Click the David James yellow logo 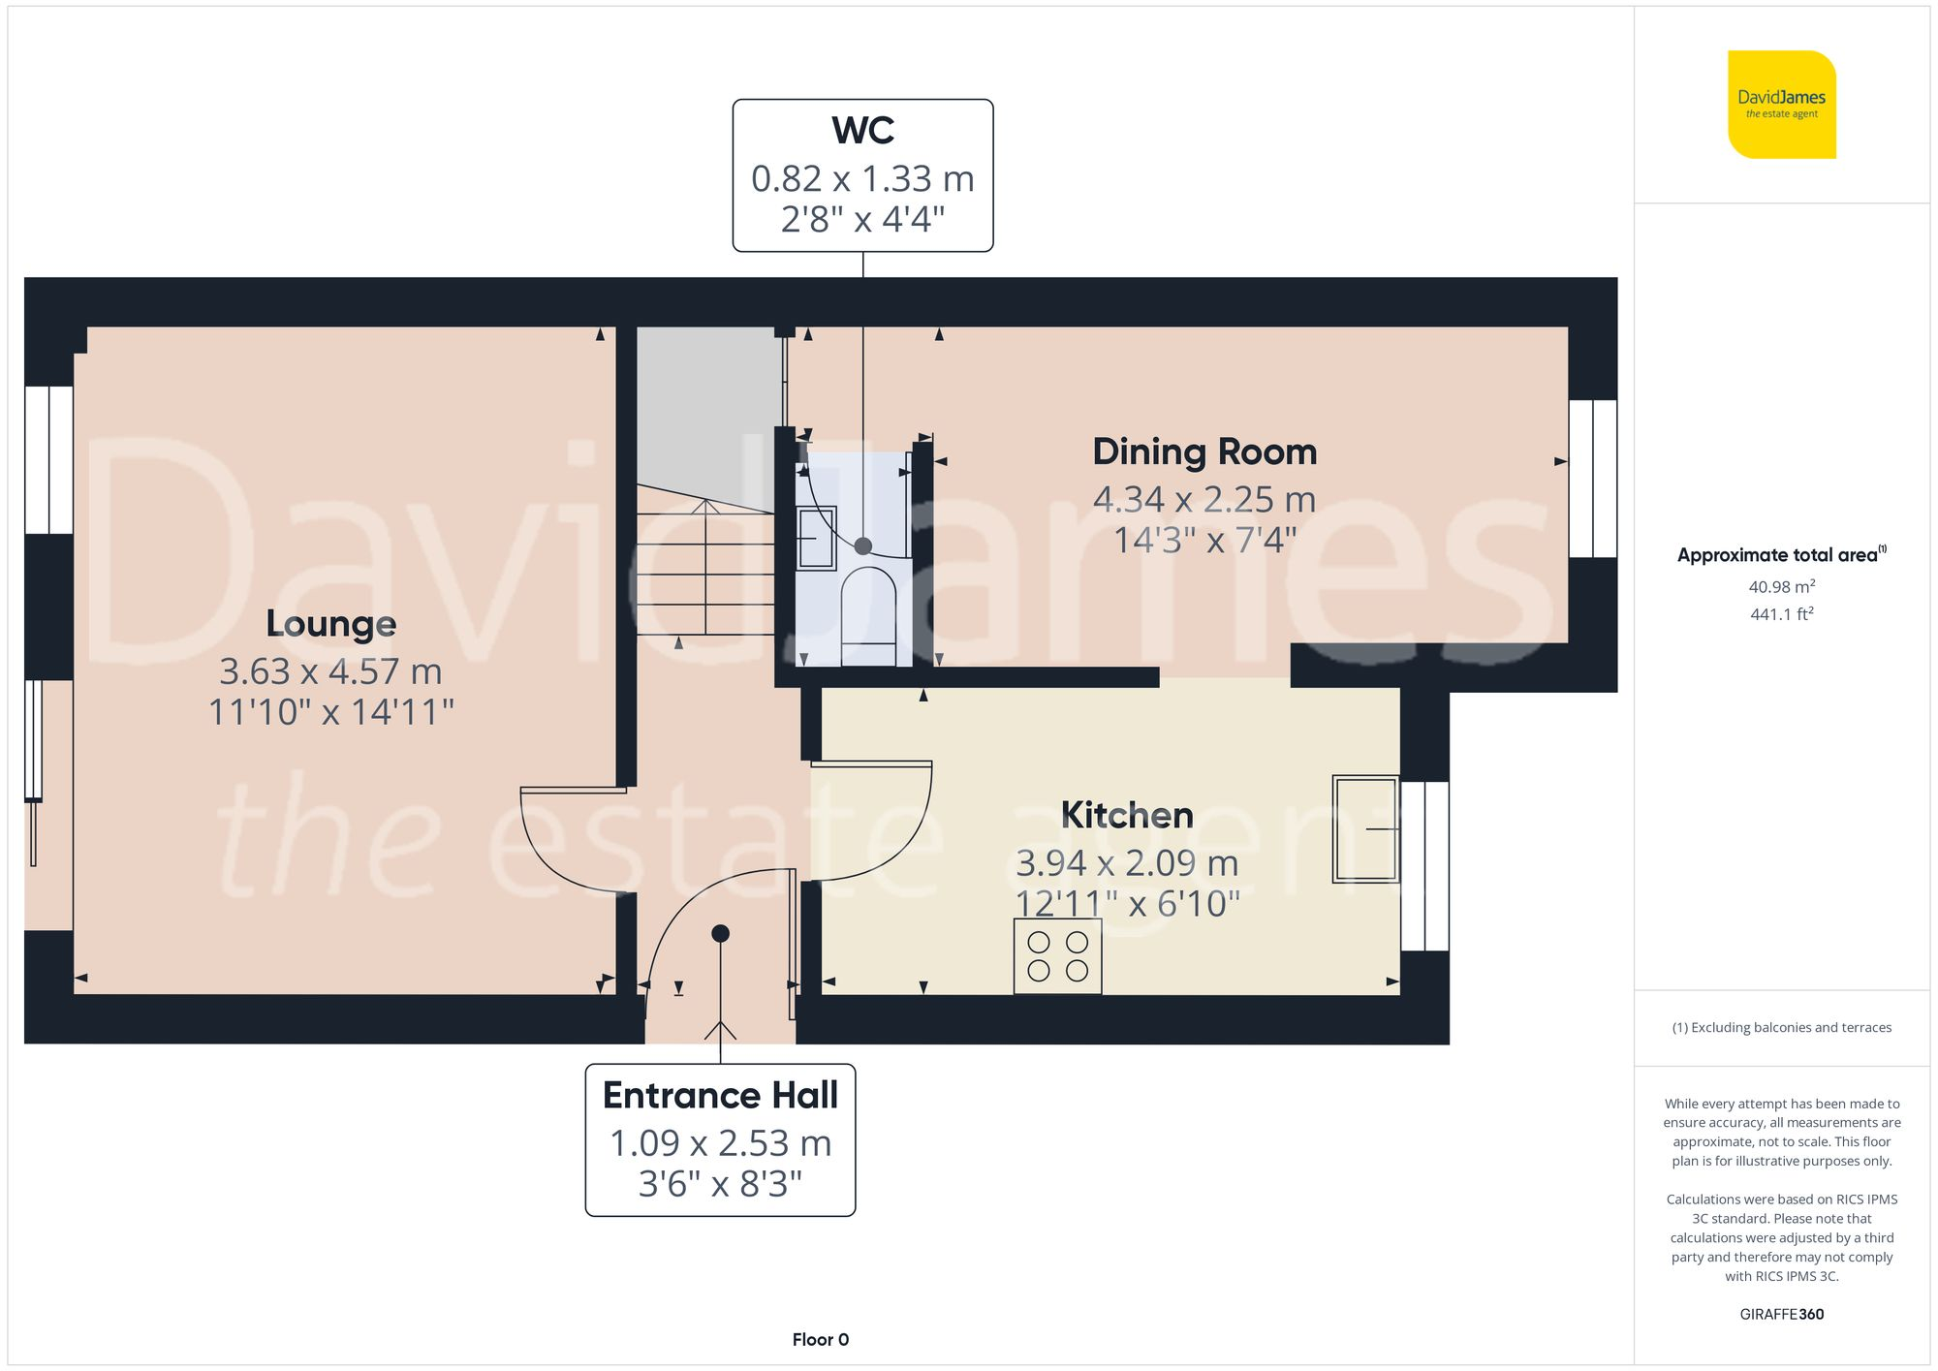[x=1781, y=105]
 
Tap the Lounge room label [x=331, y=624]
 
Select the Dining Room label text [x=1204, y=452]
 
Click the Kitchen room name [x=1127, y=816]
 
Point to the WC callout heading [x=862, y=131]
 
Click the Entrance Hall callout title [x=720, y=1096]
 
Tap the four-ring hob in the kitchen [x=1057, y=956]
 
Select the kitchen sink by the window [x=1365, y=828]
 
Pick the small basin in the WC [x=815, y=538]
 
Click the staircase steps [x=705, y=572]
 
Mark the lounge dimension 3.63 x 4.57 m [x=330, y=671]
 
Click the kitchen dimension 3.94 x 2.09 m [x=1127, y=863]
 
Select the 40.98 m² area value [x=1781, y=587]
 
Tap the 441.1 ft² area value [x=1781, y=614]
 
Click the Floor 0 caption [x=820, y=1340]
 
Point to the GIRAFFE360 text [x=1781, y=1315]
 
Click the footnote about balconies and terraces [x=1781, y=1028]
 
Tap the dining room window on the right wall [x=1592, y=479]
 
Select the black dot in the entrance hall [x=720, y=934]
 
